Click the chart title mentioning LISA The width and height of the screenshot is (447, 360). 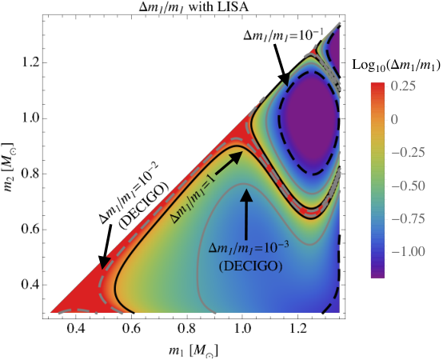coord(194,7)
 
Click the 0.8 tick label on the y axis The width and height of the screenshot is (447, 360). coord(30,174)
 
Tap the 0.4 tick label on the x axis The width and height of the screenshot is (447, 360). coord(75,329)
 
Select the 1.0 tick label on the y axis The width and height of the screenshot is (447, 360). coord(30,118)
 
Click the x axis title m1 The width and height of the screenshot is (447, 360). coord(194,351)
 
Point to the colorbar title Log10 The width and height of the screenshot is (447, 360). coord(397,66)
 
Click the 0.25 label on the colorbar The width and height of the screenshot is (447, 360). coord(403,86)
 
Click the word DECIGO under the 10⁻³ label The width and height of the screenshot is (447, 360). coord(250,266)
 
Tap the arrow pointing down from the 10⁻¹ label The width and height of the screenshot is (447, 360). coord(281,65)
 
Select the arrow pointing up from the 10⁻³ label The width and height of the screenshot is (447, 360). coord(246,214)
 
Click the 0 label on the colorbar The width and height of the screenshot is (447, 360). coord(394,119)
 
